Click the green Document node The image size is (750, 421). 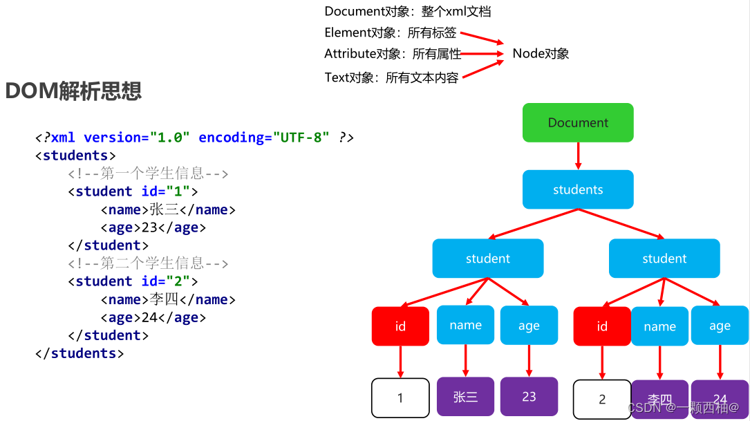[x=578, y=122]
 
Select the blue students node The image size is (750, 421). [x=578, y=189]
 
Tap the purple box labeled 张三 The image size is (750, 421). [x=465, y=397]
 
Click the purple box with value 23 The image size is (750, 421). [x=529, y=397]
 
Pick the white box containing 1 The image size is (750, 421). [x=400, y=398]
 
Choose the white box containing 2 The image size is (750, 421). [x=602, y=399]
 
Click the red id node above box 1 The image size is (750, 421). [x=400, y=326]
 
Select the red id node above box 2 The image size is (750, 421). [x=602, y=326]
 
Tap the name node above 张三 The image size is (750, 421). [x=465, y=325]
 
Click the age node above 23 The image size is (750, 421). [x=529, y=326]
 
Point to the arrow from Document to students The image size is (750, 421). [x=578, y=156]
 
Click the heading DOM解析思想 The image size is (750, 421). [x=73, y=91]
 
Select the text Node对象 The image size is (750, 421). [x=541, y=54]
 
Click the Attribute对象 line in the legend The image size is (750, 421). [x=393, y=54]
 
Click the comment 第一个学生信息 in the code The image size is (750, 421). [x=148, y=174]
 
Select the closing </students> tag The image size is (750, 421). [x=79, y=353]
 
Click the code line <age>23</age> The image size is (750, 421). [x=153, y=227]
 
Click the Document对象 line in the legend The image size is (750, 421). [x=407, y=12]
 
